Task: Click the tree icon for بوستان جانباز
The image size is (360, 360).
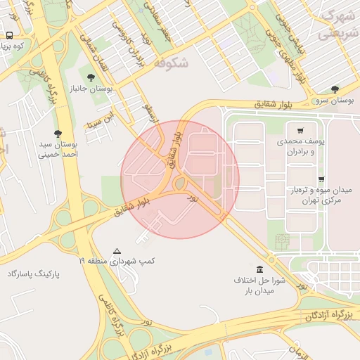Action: click(90, 77)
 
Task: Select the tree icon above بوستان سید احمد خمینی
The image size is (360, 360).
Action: click(58, 134)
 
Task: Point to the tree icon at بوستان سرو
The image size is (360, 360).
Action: click(334, 89)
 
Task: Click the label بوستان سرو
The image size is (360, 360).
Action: click(333, 101)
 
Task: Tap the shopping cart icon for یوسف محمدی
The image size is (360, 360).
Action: click(300, 130)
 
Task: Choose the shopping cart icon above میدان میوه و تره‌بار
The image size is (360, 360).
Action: click(321, 179)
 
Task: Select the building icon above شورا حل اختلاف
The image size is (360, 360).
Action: click(260, 269)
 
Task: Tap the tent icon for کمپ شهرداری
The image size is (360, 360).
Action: click(117, 250)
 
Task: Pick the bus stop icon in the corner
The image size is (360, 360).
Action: click(9, 35)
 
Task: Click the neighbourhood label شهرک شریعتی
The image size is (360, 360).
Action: click(335, 25)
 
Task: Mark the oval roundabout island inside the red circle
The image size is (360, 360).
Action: click(179, 184)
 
